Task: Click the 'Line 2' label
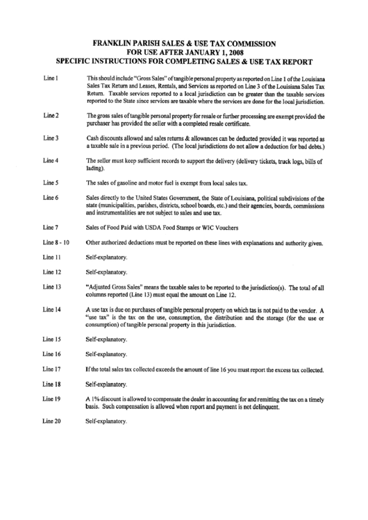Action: [51, 114]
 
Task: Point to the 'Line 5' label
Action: [51, 183]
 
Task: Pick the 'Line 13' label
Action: [53, 286]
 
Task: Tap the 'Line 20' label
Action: [53, 421]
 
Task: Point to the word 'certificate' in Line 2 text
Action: [234, 122]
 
